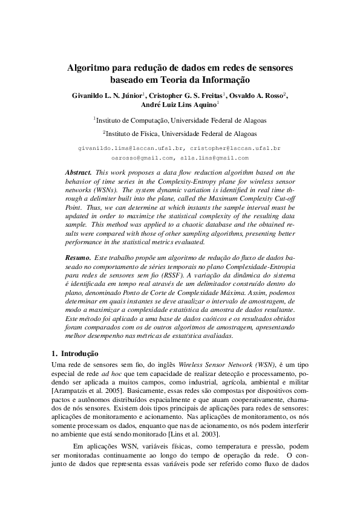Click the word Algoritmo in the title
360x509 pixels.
click(x=91, y=67)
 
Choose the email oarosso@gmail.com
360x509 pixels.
click(x=143, y=158)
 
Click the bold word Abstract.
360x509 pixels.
click(x=79, y=172)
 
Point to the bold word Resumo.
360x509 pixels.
click(x=78, y=258)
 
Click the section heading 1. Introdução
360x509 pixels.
click(x=74, y=353)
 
